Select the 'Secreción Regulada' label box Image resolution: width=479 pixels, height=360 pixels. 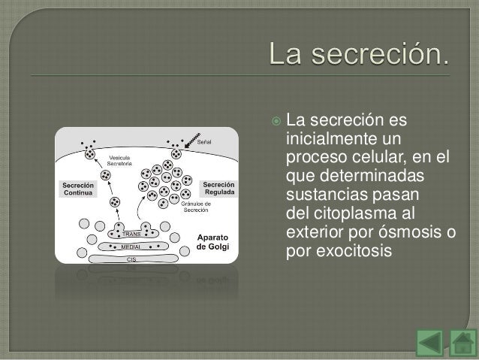pyautogui.click(x=218, y=188)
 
